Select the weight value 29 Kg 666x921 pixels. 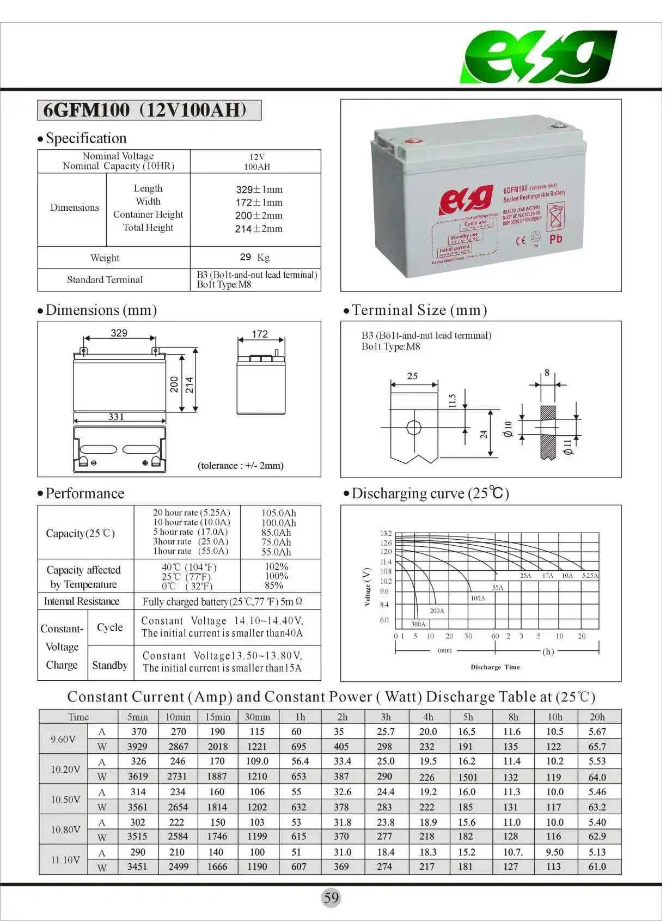coord(255,257)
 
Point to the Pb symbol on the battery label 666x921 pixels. coord(555,239)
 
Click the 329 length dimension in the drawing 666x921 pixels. coord(119,333)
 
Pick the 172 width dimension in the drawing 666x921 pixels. coord(260,334)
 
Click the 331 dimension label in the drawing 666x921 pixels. coord(116,417)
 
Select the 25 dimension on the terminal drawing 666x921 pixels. coord(412,376)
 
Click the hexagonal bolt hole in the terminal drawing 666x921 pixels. coord(414,428)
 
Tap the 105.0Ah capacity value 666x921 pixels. coord(279,513)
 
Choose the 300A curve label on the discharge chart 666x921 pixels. coord(418,624)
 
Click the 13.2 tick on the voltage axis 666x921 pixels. coord(386,533)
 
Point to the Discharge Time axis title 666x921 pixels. coord(495,667)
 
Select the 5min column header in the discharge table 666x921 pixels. coord(138,717)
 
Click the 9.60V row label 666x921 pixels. coord(63,739)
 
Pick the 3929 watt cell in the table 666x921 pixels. coord(137,747)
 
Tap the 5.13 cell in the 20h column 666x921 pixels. coord(597,852)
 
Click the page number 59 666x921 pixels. coord(331,898)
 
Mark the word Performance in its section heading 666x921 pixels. coord(85,493)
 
